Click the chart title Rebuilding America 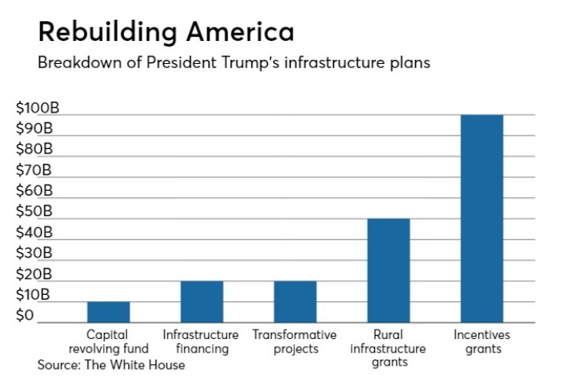click(x=166, y=32)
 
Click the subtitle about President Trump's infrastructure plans click(x=234, y=63)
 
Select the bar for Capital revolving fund click(x=109, y=312)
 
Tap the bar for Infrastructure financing click(x=202, y=302)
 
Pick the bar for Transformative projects click(x=295, y=302)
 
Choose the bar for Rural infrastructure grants click(x=388, y=270)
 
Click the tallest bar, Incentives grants click(x=481, y=218)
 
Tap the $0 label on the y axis click(x=25, y=315)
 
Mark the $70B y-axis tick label click(x=34, y=170)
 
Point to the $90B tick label click(x=34, y=129)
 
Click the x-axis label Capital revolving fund click(x=108, y=341)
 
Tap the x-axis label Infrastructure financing click(x=201, y=341)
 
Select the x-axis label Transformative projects click(x=295, y=341)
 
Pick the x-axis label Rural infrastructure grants click(x=388, y=348)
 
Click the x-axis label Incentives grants click(x=481, y=341)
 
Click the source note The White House click(x=111, y=365)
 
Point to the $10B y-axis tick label click(x=34, y=295)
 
